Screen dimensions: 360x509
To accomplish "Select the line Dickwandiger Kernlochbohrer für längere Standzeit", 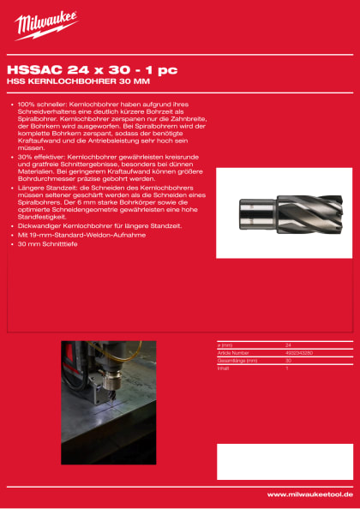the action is click(x=99, y=225).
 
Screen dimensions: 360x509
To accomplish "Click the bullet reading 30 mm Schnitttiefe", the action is click(x=51, y=244).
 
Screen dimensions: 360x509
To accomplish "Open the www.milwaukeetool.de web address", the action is click(x=309, y=494).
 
